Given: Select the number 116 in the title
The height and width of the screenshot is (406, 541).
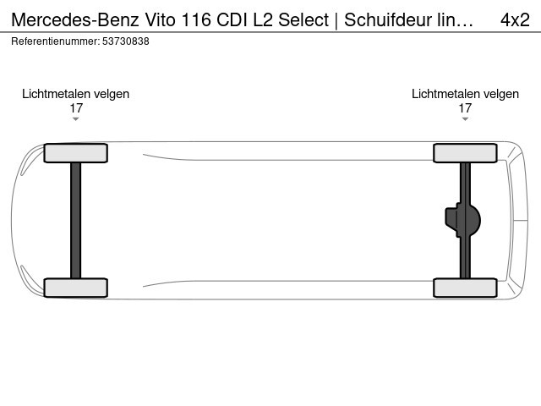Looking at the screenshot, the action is point(195,19).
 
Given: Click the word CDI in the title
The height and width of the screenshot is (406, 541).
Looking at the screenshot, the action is point(232,19).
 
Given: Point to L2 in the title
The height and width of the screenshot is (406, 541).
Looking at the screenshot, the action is point(263,19).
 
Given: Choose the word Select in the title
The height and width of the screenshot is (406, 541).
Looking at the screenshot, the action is point(303,19).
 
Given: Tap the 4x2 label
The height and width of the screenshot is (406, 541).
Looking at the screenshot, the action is point(515,19).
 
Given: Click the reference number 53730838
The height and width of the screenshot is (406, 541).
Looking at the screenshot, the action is point(126,41).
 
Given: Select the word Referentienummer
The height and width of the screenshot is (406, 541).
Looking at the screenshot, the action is point(56,41).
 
